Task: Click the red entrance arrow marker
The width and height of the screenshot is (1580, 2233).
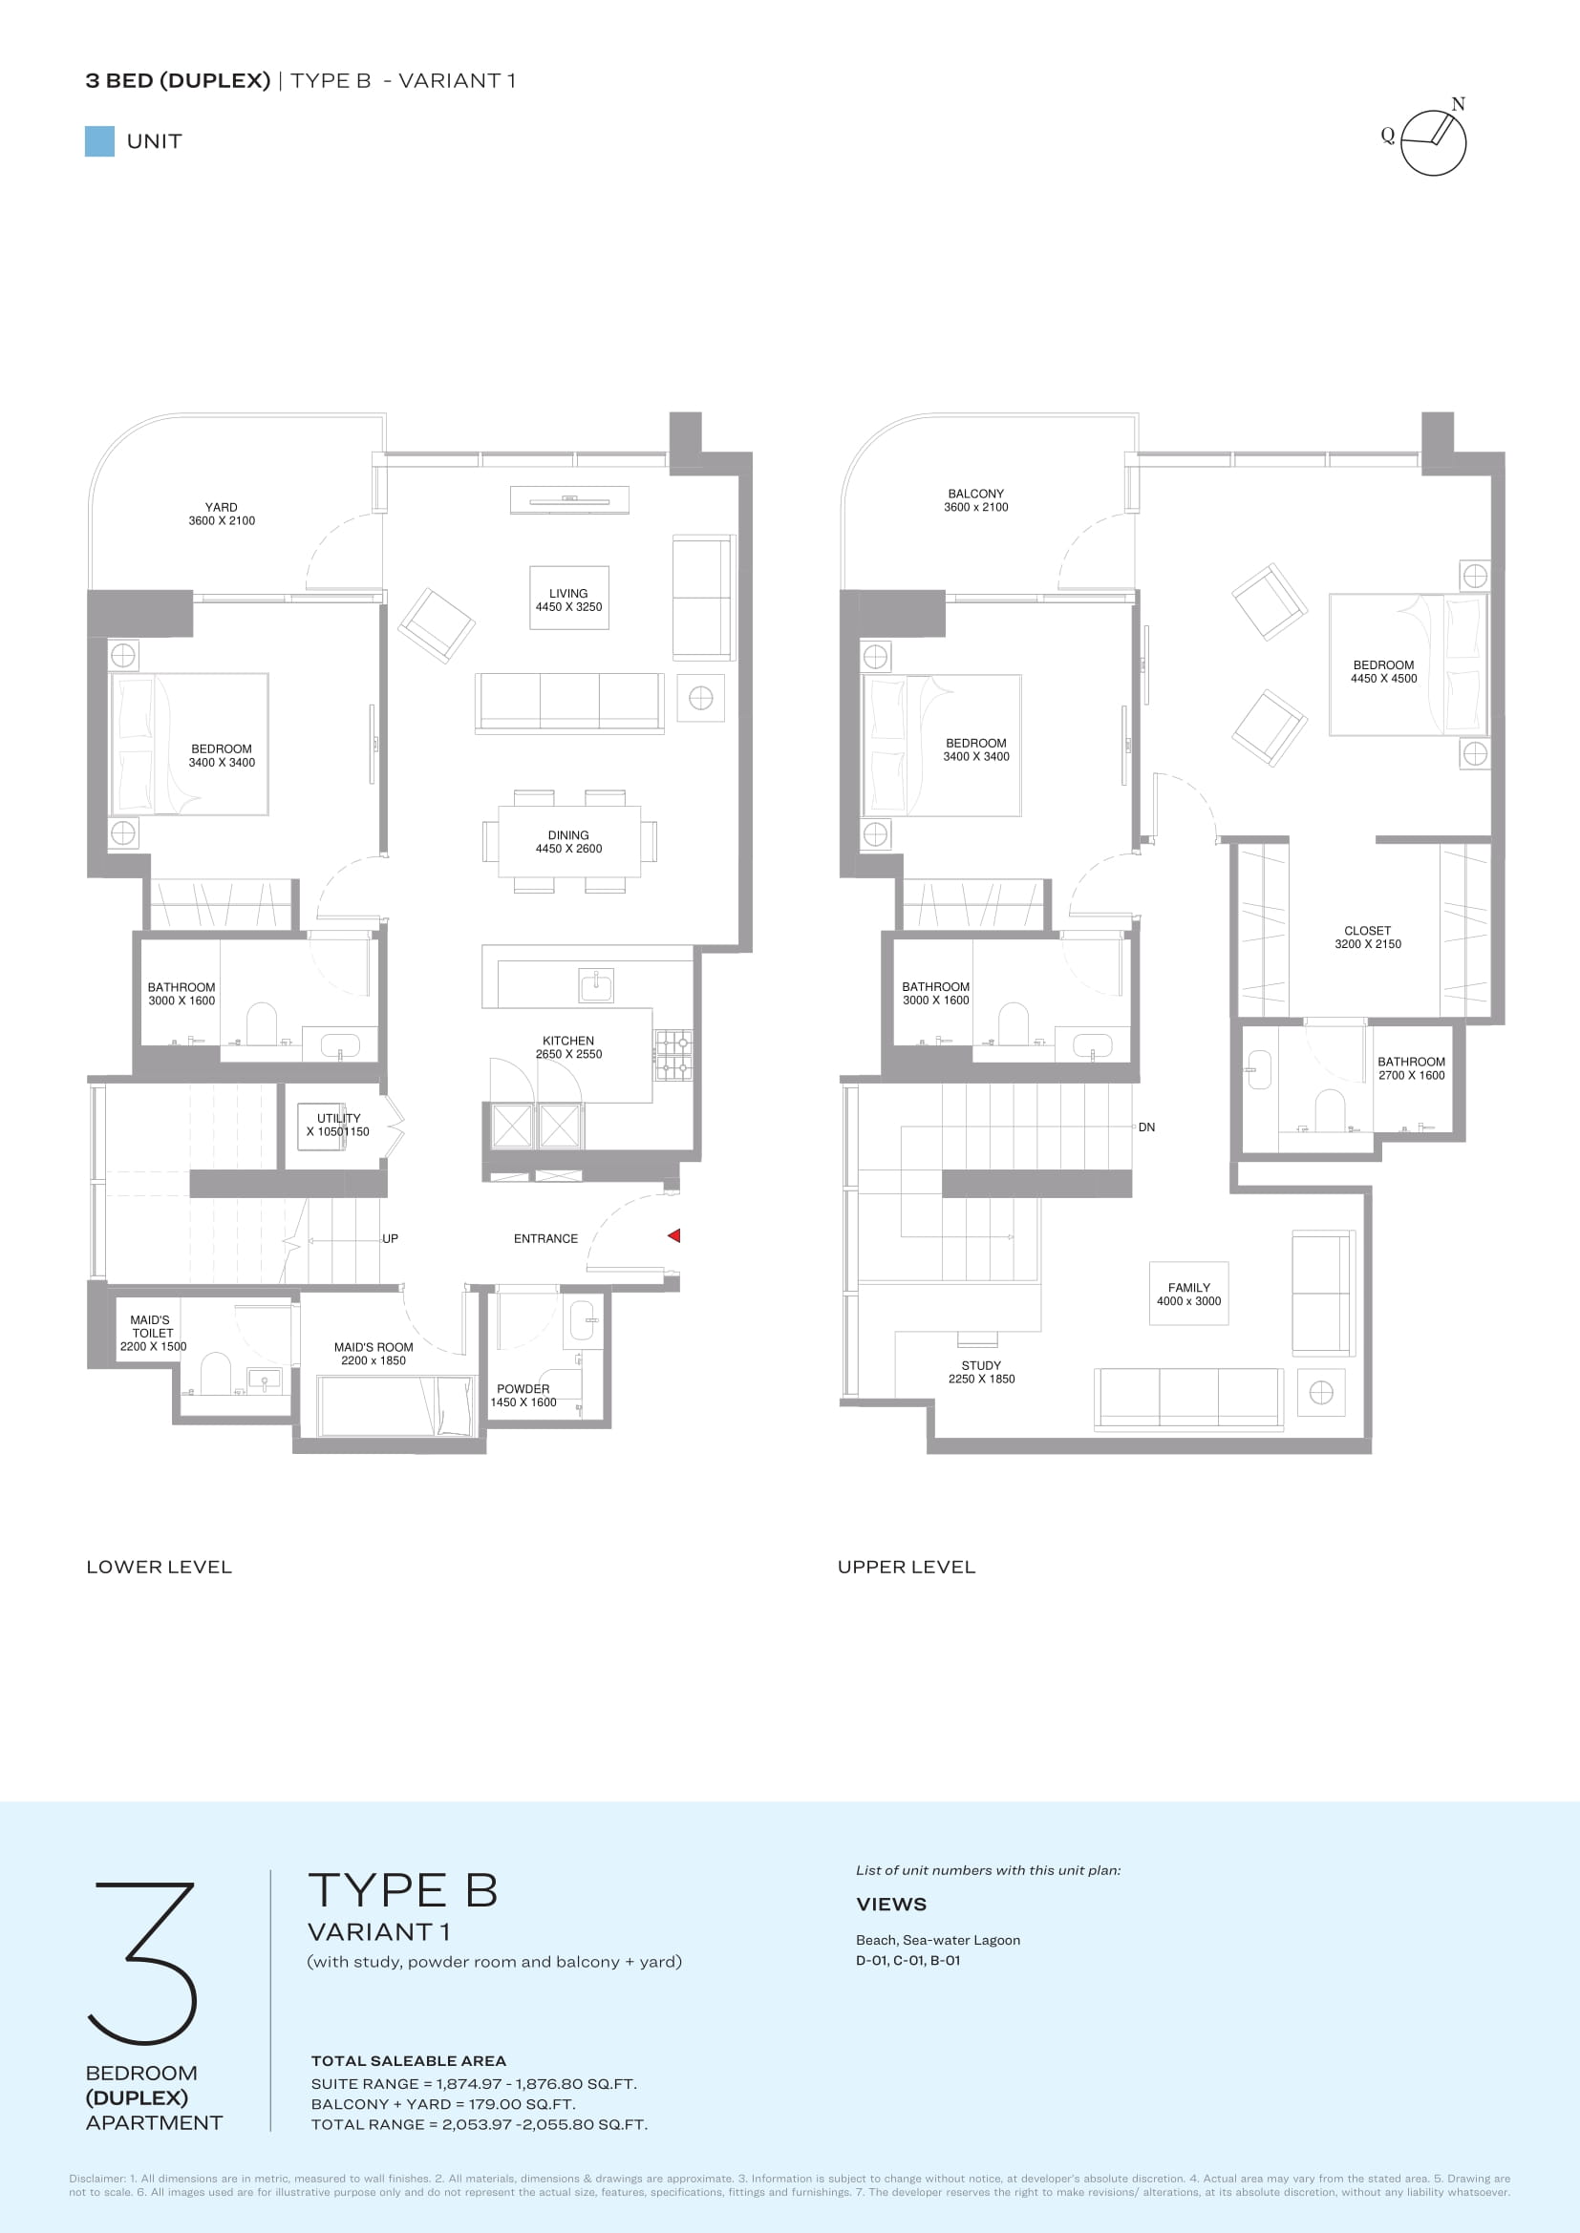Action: [673, 1235]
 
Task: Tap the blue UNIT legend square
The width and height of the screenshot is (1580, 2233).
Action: [99, 141]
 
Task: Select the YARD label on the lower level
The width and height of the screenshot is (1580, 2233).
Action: [222, 507]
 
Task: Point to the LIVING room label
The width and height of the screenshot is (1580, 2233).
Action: [568, 593]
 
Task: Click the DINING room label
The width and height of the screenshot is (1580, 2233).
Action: [568, 835]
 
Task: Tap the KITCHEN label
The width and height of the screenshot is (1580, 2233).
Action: [568, 1041]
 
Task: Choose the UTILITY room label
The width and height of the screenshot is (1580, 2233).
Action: [338, 1119]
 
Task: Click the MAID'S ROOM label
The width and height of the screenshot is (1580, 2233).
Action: [374, 1347]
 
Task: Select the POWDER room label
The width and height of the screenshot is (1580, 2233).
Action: [523, 1389]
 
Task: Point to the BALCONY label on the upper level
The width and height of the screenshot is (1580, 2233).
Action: [976, 495]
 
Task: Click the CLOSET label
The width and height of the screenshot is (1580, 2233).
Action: [1368, 931]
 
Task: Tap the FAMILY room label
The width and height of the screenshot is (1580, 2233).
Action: [1189, 1288]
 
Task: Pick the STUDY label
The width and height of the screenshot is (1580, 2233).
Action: [982, 1365]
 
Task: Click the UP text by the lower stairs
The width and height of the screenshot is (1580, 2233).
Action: [390, 1239]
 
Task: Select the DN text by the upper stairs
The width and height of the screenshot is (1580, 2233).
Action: [1147, 1127]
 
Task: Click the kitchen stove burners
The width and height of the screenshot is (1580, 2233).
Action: [673, 1055]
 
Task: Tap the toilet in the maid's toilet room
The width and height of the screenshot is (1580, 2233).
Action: [215, 1374]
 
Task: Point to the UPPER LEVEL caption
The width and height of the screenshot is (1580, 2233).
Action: [907, 1567]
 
